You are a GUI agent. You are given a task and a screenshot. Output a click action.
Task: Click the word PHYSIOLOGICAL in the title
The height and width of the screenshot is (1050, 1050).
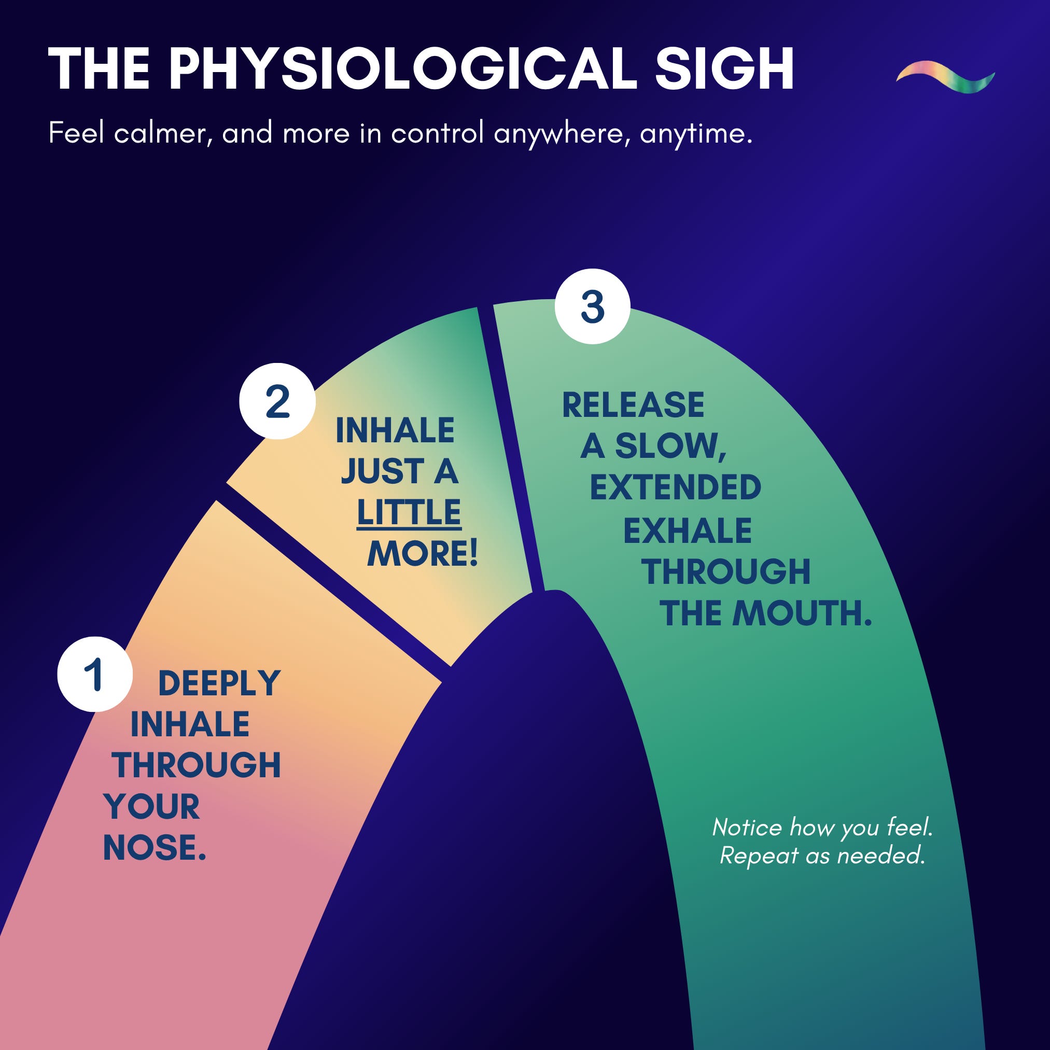[x=402, y=69]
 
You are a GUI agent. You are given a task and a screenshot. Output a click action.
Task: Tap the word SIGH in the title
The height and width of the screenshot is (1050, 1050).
[x=724, y=69]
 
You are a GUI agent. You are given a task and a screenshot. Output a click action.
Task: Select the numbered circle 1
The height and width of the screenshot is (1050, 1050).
[x=95, y=674]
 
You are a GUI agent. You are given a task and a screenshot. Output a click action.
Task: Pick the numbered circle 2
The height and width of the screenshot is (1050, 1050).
[x=277, y=401]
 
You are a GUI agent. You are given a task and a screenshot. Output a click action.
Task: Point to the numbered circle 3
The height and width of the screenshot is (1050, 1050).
[x=592, y=306]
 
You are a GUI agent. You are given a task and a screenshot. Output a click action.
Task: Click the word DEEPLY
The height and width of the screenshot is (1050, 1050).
[x=219, y=683]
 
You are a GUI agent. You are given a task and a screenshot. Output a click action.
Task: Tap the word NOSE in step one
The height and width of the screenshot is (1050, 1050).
[x=150, y=848]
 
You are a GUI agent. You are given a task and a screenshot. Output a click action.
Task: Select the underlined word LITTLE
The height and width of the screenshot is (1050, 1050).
[x=409, y=512]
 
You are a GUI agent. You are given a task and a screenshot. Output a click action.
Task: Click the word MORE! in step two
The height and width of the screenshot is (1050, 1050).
[x=422, y=554]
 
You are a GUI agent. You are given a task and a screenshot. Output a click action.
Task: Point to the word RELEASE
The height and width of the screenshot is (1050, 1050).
[x=633, y=405]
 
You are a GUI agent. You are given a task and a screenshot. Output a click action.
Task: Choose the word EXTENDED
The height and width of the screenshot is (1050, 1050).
[x=676, y=487]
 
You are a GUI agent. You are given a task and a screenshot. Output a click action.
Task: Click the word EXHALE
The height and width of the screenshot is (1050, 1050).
[x=687, y=530]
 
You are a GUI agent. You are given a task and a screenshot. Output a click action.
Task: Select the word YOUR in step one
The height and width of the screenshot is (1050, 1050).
[x=151, y=806]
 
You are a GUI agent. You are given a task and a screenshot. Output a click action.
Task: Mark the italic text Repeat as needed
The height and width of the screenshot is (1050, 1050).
[x=822, y=856]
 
